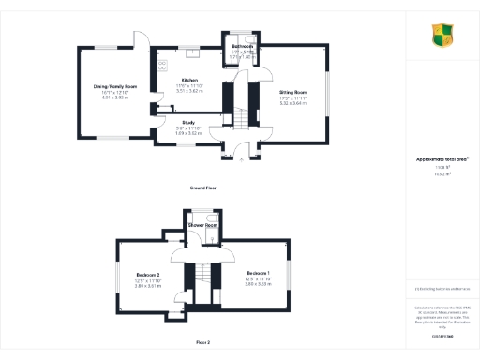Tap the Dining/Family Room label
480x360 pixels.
(x=115, y=86)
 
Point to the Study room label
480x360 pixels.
(x=188, y=123)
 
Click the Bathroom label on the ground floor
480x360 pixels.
(x=243, y=46)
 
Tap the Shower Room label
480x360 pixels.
(x=203, y=226)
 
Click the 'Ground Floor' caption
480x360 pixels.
(x=205, y=187)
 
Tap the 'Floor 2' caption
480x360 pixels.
(x=203, y=342)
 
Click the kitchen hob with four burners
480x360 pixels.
(x=162, y=65)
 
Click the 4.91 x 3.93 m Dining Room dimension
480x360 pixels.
(x=115, y=97)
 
